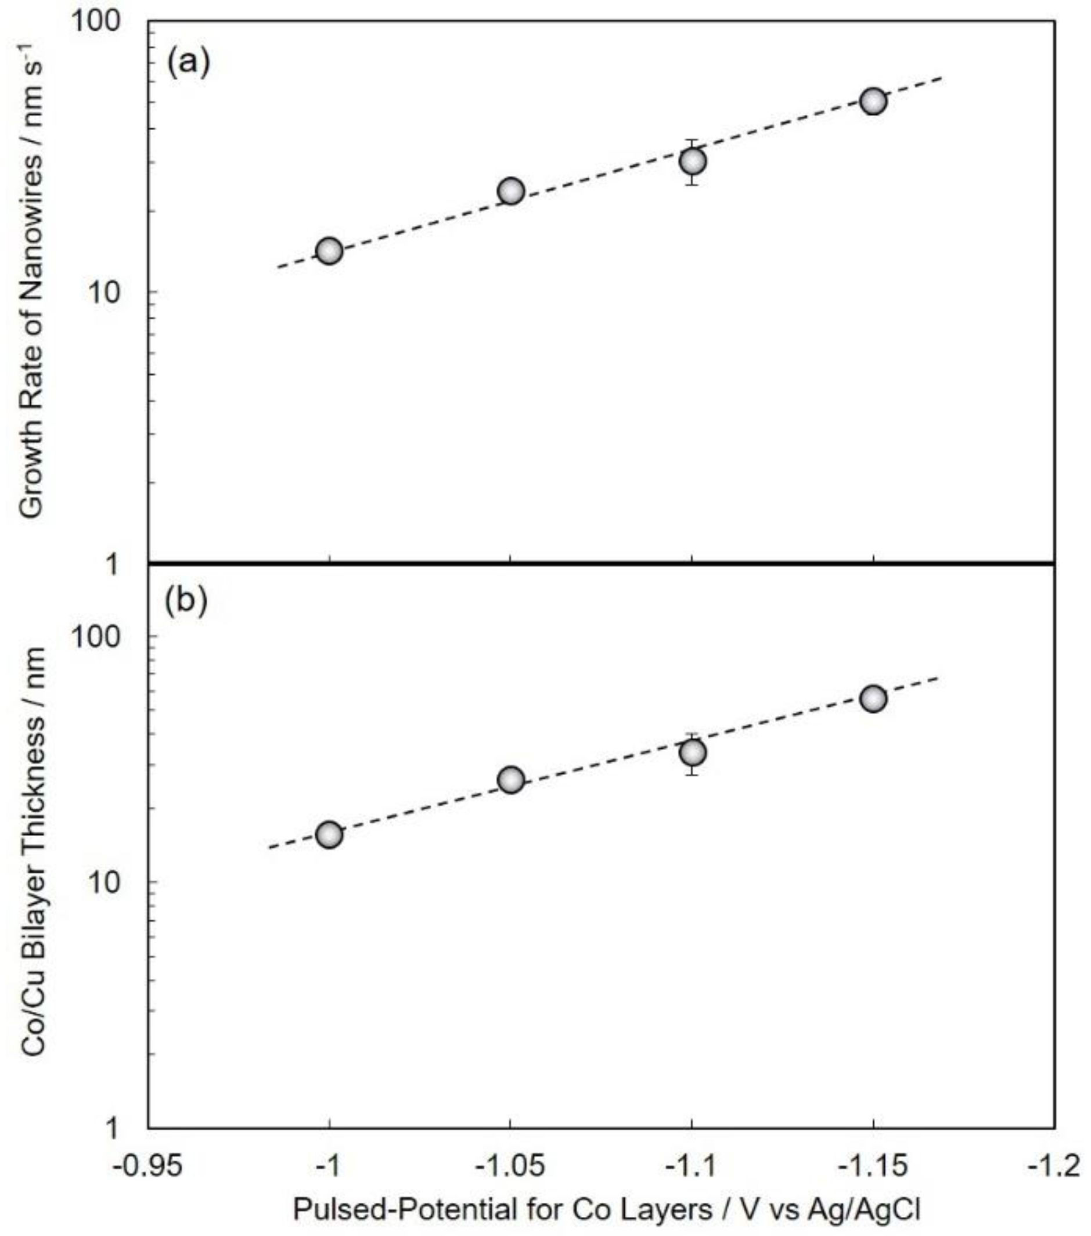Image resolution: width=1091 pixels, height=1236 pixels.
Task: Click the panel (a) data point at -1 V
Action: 329,250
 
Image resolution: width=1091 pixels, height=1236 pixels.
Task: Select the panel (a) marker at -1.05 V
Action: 511,191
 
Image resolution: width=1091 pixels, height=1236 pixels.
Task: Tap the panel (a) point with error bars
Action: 693,161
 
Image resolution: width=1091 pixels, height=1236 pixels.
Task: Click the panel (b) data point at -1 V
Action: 329,835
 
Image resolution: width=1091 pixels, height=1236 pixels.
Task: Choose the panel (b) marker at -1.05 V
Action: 511,780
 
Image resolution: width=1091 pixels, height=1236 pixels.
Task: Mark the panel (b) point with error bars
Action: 693,753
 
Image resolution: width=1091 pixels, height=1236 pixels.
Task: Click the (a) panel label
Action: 188,62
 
